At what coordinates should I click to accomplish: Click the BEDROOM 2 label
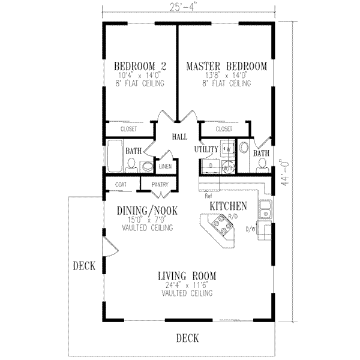(139, 66)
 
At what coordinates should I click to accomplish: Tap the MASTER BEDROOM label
(226, 66)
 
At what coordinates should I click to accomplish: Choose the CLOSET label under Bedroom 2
(128, 129)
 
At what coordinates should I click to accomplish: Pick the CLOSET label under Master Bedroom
(223, 129)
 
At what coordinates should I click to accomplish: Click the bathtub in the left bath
(114, 157)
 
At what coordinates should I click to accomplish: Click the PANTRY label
(160, 185)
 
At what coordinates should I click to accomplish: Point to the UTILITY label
(205, 149)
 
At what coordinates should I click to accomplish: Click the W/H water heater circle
(227, 167)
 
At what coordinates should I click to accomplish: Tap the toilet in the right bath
(244, 148)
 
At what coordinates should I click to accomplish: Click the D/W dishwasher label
(252, 228)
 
